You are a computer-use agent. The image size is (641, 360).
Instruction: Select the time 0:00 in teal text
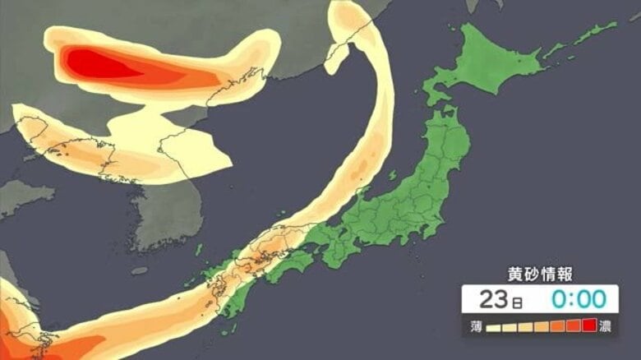point(573,299)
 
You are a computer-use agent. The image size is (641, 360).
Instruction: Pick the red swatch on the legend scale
point(588,326)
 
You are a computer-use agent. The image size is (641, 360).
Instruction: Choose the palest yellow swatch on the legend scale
point(495,326)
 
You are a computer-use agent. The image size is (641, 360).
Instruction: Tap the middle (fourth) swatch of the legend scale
point(542,326)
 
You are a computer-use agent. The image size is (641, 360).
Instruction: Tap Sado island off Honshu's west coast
point(392,176)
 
